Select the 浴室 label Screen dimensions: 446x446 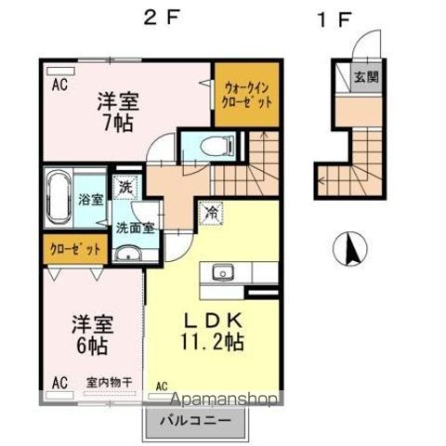coord(90,198)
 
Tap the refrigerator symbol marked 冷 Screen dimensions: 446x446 coord(211,213)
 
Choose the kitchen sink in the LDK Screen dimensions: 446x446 coord(222,272)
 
